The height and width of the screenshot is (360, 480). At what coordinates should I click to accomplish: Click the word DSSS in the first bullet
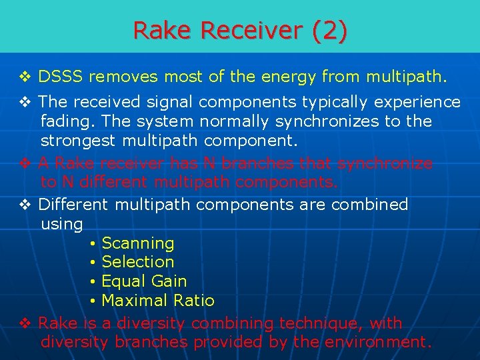61,77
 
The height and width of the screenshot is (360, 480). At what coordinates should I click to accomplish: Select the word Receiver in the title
251,31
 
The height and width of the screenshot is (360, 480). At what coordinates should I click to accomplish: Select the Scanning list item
137,243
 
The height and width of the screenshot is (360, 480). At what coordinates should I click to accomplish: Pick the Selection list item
137,262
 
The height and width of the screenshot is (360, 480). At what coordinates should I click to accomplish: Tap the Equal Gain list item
144,281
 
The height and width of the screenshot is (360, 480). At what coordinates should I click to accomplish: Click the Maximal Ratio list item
157,301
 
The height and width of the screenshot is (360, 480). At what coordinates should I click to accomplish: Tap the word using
61,224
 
